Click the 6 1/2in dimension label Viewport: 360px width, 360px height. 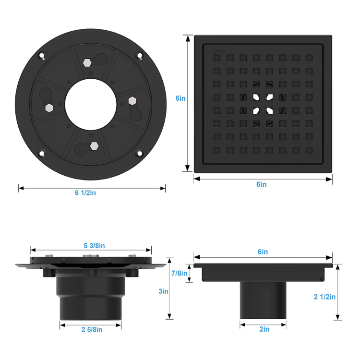(x=85, y=192)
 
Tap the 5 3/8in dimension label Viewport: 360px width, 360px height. (x=94, y=246)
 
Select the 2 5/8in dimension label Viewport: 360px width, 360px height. (x=92, y=330)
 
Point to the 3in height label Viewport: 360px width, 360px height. (x=164, y=291)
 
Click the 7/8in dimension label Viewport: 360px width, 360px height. (x=179, y=273)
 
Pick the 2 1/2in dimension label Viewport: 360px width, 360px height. (x=324, y=297)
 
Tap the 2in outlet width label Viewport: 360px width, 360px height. (x=264, y=329)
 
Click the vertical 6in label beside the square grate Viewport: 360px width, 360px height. (x=180, y=98)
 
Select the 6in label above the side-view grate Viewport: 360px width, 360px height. (x=263, y=252)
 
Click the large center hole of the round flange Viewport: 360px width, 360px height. (x=91, y=105)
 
